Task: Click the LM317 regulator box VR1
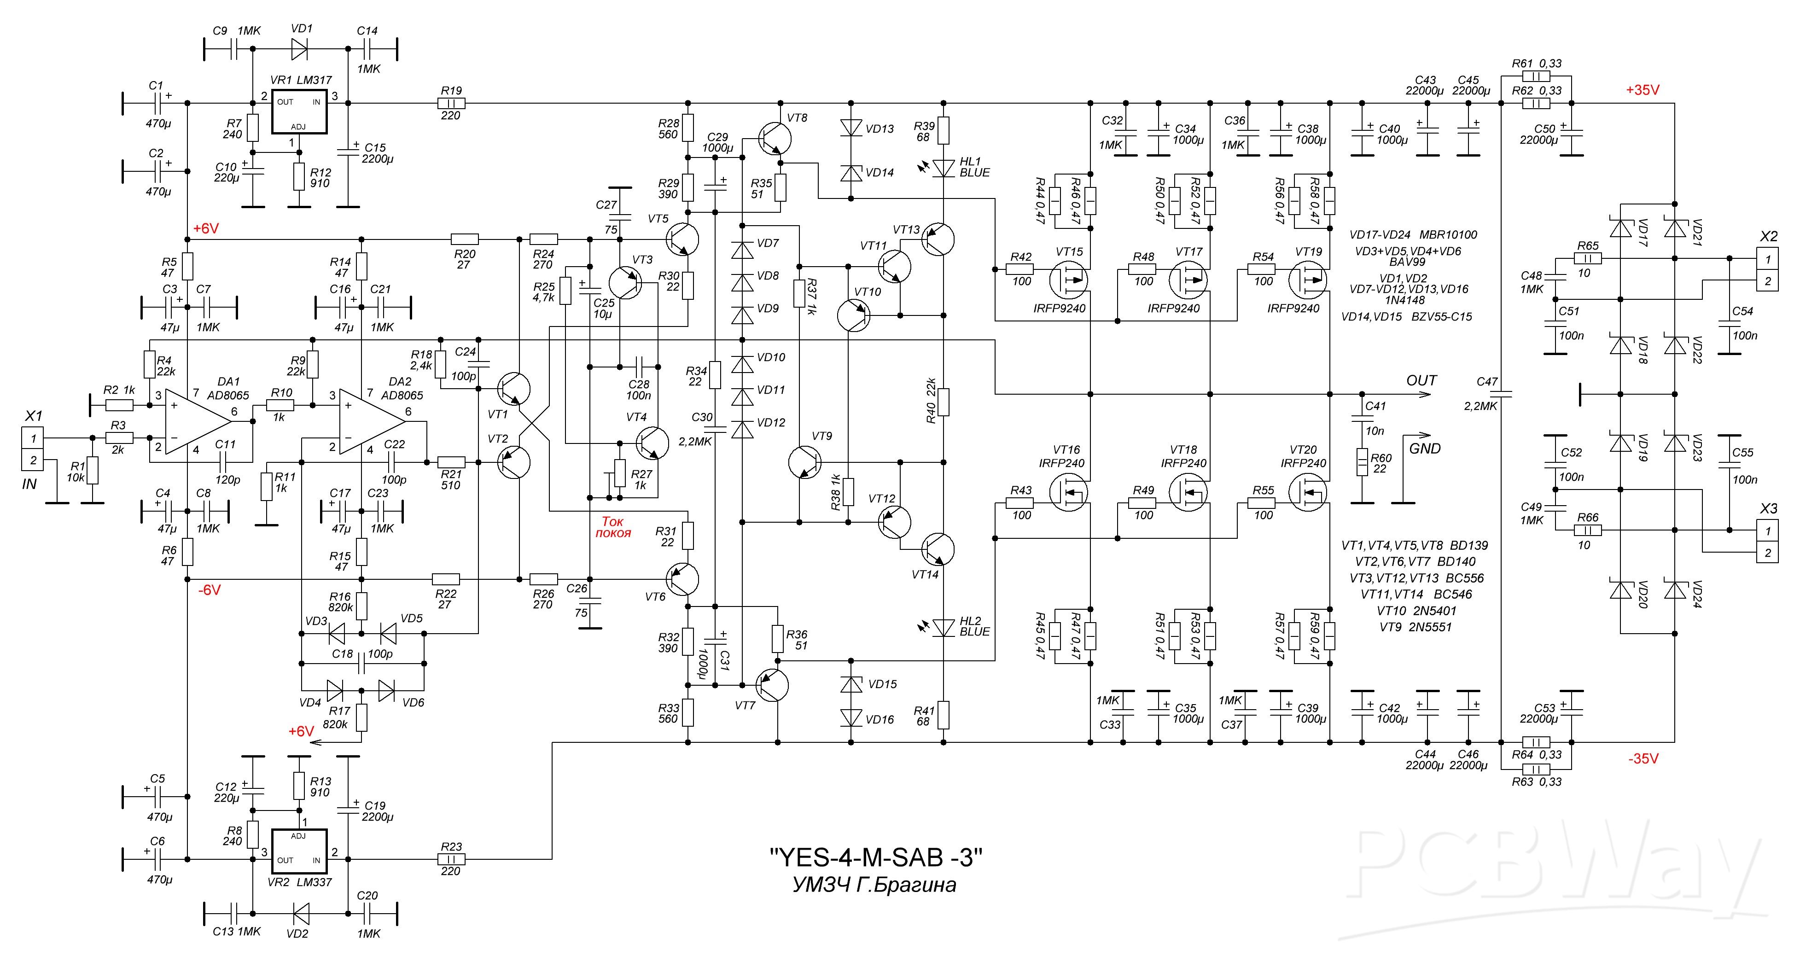[299, 112]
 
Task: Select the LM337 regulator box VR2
[299, 850]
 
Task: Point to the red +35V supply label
[1642, 90]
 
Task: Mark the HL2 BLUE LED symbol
[944, 627]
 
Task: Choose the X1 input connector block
[33, 449]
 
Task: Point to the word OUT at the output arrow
[1421, 381]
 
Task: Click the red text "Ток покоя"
[613, 527]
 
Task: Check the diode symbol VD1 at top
[299, 49]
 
